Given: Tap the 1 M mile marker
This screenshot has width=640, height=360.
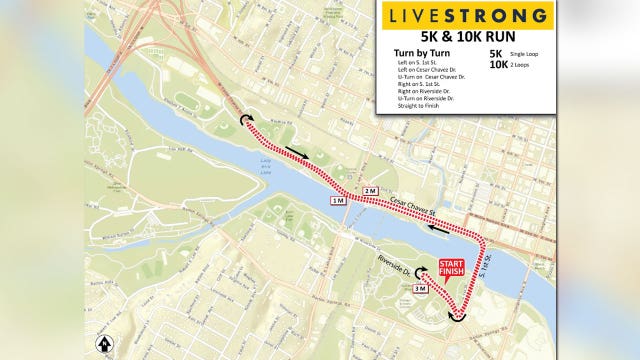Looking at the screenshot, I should coord(339,202).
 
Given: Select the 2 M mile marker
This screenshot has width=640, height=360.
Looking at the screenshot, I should coord(370,190).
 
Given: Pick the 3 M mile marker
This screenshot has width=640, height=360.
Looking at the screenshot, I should coord(420,289).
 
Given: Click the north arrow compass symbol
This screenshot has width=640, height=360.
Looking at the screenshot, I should coord(103,343).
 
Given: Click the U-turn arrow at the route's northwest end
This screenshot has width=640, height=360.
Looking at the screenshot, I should coord(243,120).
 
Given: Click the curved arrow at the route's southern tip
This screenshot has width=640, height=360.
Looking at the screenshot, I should coord(458,317).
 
